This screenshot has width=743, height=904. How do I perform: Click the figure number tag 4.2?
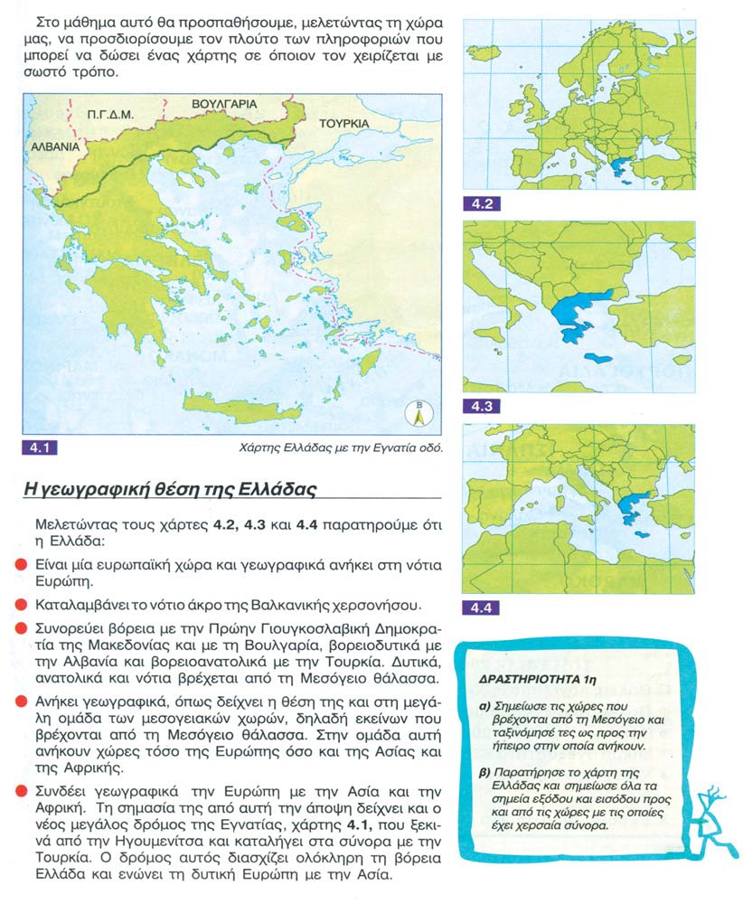click(x=480, y=203)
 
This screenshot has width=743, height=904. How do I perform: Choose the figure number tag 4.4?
click(x=480, y=608)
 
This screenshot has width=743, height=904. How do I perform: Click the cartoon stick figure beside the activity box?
click(x=710, y=818)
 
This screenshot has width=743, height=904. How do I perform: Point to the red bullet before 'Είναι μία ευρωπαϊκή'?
click(x=20, y=564)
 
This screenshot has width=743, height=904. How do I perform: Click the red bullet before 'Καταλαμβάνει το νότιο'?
click(x=20, y=602)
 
